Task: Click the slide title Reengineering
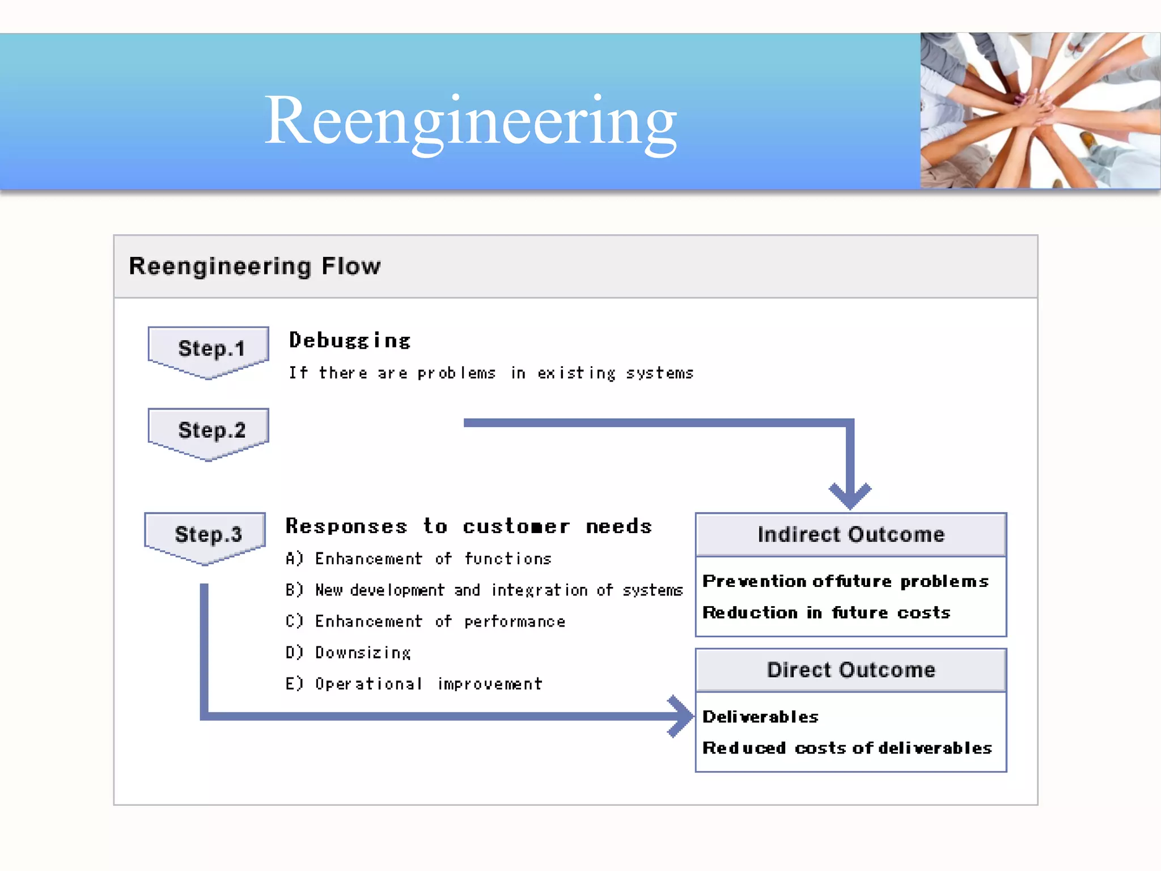click(471, 120)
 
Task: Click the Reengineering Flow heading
click(255, 266)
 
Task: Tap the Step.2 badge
click(209, 431)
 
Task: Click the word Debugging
click(350, 341)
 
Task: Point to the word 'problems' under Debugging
click(456, 373)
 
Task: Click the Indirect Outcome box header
click(850, 535)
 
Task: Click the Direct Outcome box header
click(850, 670)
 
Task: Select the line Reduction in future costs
click(826, 613)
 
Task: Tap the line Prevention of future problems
click(845, 582)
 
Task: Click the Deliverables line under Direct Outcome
click(760, 717)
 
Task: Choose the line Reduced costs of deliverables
click(847, 749)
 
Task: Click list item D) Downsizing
click(348, 653)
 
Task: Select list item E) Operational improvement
click(414, 684)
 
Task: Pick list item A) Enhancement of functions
click(418, 559)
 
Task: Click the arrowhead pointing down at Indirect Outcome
click(850, 496)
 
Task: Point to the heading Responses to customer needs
click(468, 527)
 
